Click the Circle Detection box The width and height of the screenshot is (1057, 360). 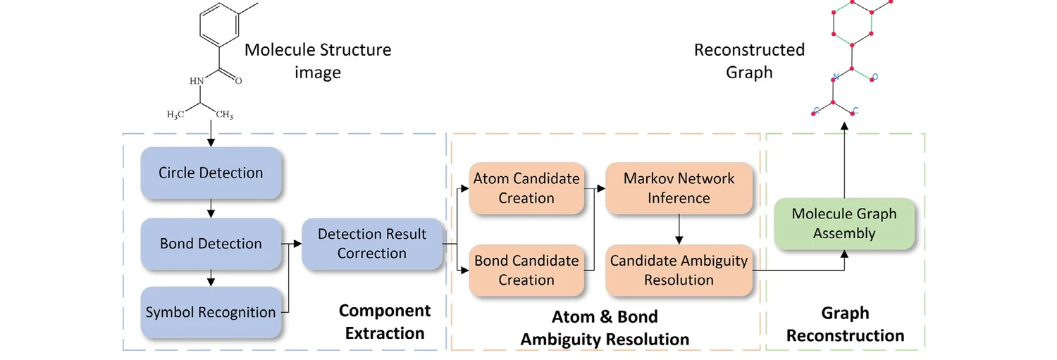coord(211,173)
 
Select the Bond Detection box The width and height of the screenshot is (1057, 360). coord(211,244)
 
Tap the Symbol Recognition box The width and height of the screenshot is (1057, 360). coord(211,312)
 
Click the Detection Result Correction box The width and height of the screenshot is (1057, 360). coord(372,244)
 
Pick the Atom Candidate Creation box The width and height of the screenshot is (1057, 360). coord(526,188)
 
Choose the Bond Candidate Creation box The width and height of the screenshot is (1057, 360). coord(526,270)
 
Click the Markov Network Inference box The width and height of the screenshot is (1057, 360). coord(679,188)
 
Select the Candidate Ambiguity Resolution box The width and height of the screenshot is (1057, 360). coord(679,270)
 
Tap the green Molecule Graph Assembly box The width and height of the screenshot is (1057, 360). coord(843,223)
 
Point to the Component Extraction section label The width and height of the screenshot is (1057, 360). coord(384,322)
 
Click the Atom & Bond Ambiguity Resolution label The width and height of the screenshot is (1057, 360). coord(605,328)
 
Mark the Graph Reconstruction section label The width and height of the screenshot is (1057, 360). coord(845,324)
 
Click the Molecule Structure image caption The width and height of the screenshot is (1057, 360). coord(317,61)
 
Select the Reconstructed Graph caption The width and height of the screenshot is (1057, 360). coord(749,61)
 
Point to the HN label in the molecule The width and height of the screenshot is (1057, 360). coord(196,80)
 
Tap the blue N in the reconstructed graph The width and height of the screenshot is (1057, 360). coord(835,76)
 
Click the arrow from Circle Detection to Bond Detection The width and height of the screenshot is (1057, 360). coord(211,209)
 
